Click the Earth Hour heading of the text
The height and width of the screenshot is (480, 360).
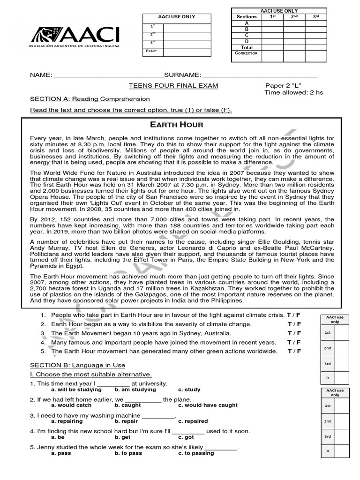[x=176, y=124]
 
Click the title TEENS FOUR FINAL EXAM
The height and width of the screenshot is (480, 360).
[x=167, y=86]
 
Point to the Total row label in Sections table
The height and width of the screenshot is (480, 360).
[x=247, y=47]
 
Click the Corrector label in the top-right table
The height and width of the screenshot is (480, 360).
[x=247, y=53]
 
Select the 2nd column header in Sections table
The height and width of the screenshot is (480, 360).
[x=294, y=17]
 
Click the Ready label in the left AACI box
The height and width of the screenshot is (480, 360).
[x=151, y=51]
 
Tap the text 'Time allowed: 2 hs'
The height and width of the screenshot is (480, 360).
[x=294, y=92]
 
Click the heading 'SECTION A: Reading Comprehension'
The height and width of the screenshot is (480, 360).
[x=90, y=99]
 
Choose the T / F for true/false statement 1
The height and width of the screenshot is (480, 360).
[x=294, y=315]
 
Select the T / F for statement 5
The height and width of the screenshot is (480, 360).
[x=294, y=351]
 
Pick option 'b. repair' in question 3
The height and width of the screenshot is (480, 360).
[x=126, y=421]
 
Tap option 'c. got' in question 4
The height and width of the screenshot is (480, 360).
[x=186, y=437]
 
